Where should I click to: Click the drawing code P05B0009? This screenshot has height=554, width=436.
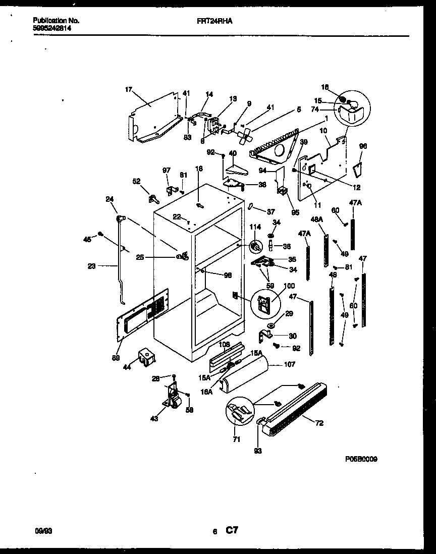(x=361, y=459)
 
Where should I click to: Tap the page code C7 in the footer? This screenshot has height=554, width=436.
(x=232, y=530)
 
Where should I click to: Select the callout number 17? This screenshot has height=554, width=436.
(x=128, y=90)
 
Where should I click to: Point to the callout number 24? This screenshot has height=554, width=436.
(x=110, y=199)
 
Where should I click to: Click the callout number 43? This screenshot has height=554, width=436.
(x=154, y=418)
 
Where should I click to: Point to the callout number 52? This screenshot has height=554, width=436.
(x=136, y=182)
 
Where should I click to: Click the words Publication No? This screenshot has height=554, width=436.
(x=56, y=21)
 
